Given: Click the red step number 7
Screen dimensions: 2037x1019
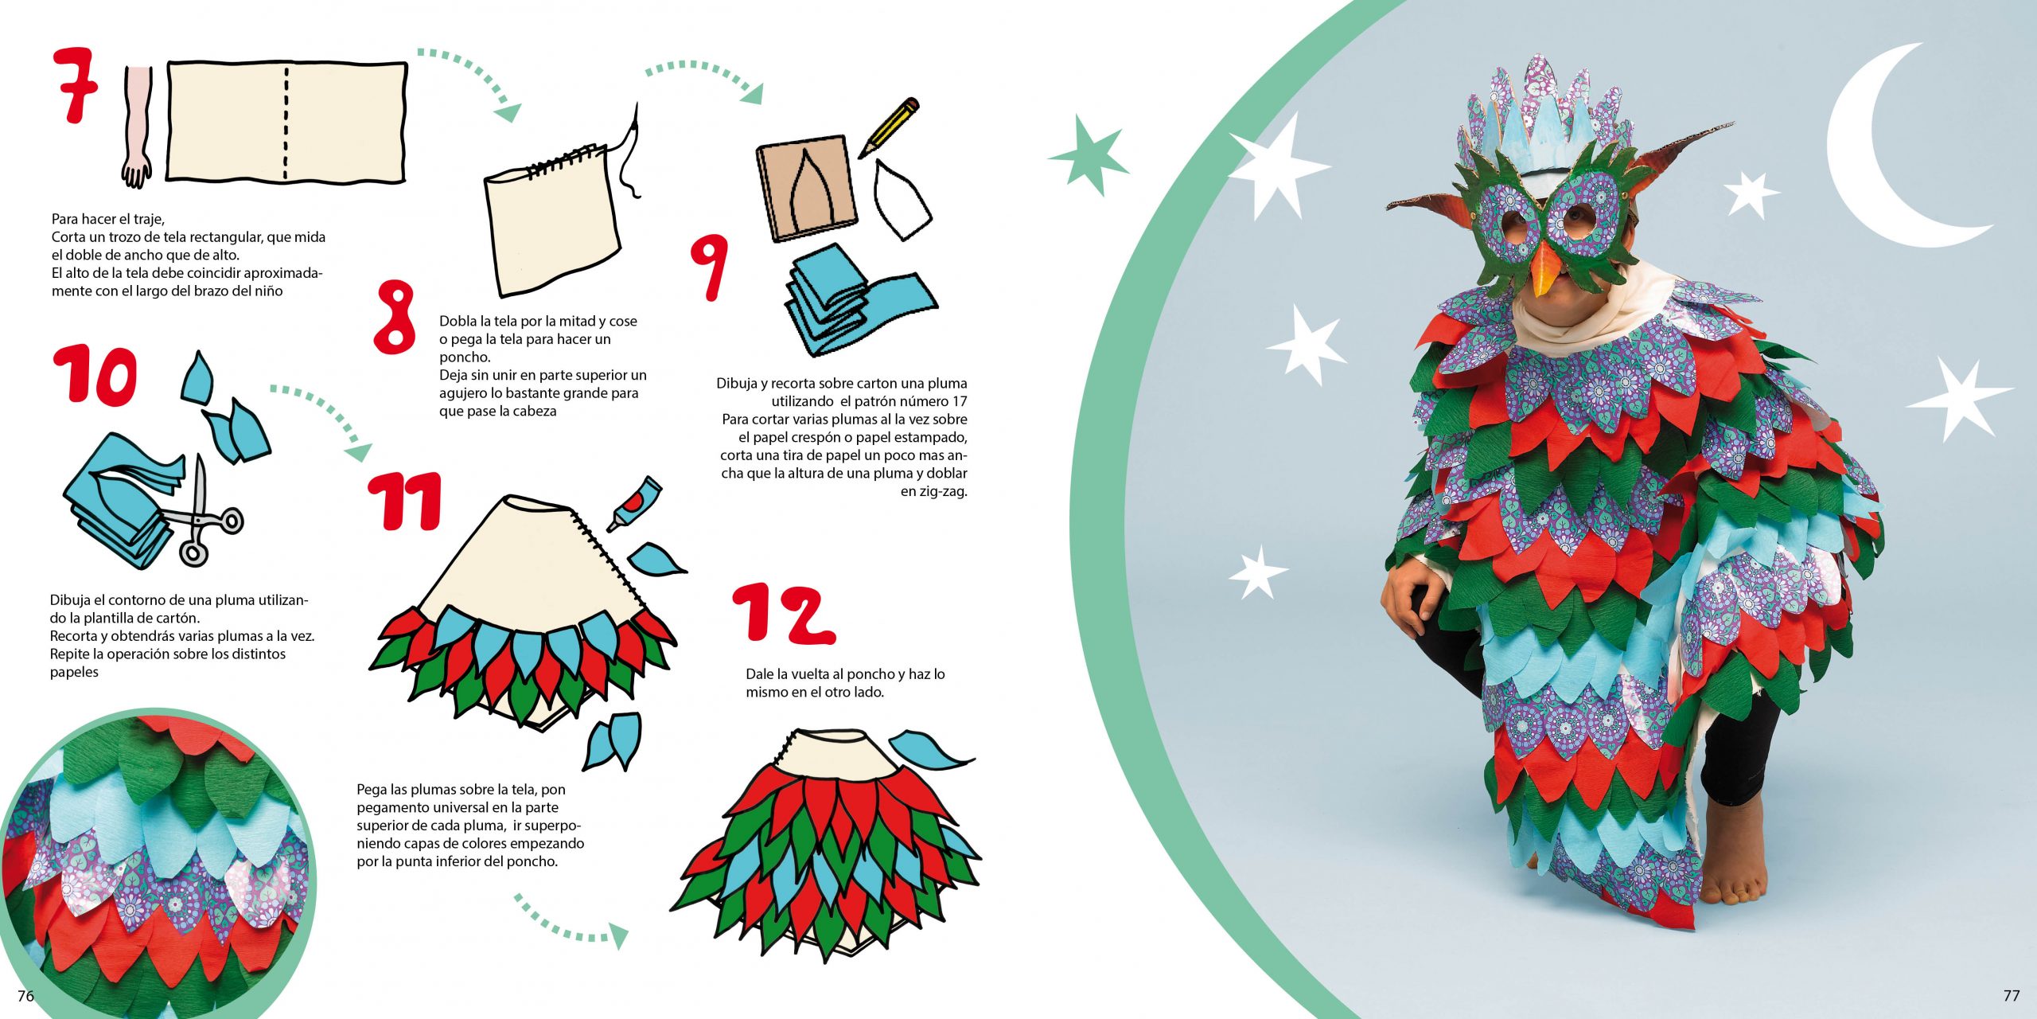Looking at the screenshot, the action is tap(76, 84).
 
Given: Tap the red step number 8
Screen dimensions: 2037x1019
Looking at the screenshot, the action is tap(395, 317).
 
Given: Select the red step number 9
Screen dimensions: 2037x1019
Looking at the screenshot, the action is tap(708, 267).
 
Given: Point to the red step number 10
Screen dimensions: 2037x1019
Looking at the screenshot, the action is tap(95, 376).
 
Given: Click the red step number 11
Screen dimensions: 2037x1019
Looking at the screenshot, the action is tap(405, 500).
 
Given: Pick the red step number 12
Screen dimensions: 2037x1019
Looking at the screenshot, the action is tap(784, 613).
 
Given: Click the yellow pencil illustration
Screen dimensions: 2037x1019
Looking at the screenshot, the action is tap(889, 127).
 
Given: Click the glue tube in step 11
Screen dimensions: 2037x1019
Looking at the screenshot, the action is tap(634, 505).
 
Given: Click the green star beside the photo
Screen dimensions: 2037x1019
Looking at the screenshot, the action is tap(1087, 155).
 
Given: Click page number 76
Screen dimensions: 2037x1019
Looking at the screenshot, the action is tap(26, 996).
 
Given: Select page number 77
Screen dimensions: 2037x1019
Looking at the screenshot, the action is tap(2012, 995).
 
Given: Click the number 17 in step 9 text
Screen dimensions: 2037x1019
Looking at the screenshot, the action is tap(958, 401).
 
